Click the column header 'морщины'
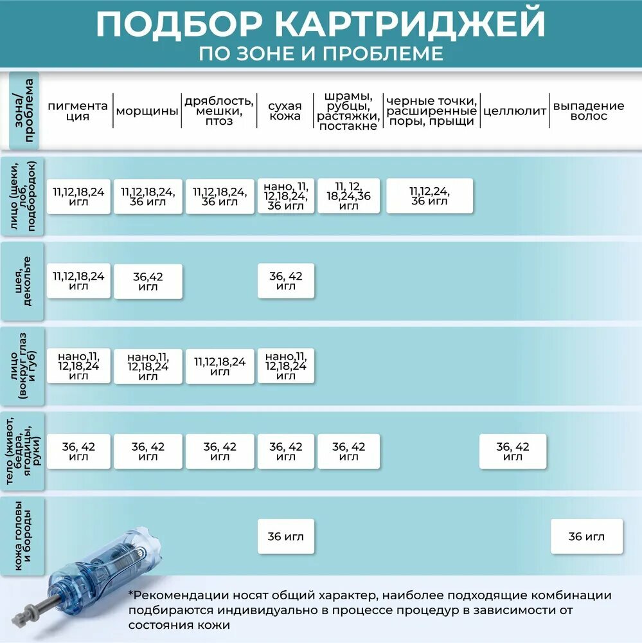[x=147, y=111]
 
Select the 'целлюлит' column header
[x=515, y=111]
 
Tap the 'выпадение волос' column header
[x=589, y=111]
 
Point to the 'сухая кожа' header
[x=285, y=111]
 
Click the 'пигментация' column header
[x=78, y=111]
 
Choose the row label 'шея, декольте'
[x=22, y=282]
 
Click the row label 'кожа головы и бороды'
[x=22, y=536]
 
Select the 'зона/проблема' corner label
[x=24, y=111]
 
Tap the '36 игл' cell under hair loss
[x=587, y=536]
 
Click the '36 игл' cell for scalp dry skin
[x=286, y=536]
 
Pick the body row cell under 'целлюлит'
[x=513, y=451]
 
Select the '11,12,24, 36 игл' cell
[x=430, y=195]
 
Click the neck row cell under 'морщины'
[x=148, y=282]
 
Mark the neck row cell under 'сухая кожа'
[x=286, y=280]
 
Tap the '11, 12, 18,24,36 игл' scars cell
[x=348, y=195]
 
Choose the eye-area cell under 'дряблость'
[x=220, y=367]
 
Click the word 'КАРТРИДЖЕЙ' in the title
[x=409, y=24]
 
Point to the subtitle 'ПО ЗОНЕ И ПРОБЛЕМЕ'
[x=321, y=54]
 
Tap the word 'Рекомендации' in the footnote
[x=181, y=595]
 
